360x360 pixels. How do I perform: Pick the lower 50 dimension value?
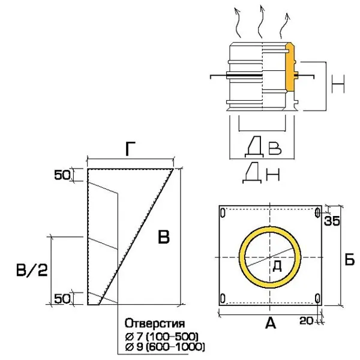[63, 297]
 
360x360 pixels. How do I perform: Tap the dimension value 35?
[332, 221]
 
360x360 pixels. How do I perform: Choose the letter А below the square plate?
[270, 324]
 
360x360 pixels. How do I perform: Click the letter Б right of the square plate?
[350, 260]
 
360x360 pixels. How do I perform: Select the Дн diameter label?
[262, 175]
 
